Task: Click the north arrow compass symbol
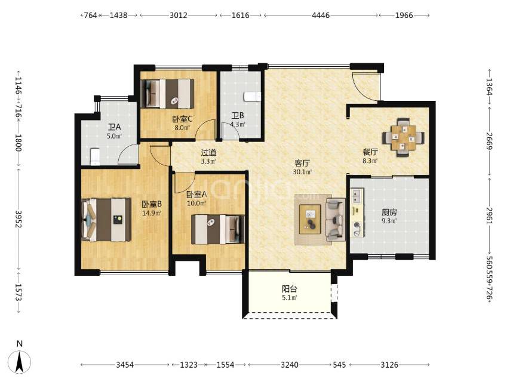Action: pos(20,362)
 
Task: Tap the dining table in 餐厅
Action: pos(403,137)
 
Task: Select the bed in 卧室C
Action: pos(168,93)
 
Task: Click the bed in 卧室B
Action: pos(106,220)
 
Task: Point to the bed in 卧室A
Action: pos(218,229)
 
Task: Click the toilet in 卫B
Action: pos(253,97)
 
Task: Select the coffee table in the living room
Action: pos(310,219)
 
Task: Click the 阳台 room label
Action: pos(290,289)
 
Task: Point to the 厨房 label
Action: pos(389,212)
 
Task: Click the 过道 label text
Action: pos(208,152)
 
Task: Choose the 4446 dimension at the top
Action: pos(321,16)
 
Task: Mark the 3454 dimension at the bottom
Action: pos(125,365)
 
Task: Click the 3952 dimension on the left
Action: pos(19,220)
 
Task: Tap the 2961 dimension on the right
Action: pos(490,215)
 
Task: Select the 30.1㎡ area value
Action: pos(303,172)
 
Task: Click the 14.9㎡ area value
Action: pos(152,213)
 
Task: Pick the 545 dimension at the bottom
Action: pos(339,365)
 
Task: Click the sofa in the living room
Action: pos(336,220)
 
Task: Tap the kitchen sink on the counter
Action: pos(356,195)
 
